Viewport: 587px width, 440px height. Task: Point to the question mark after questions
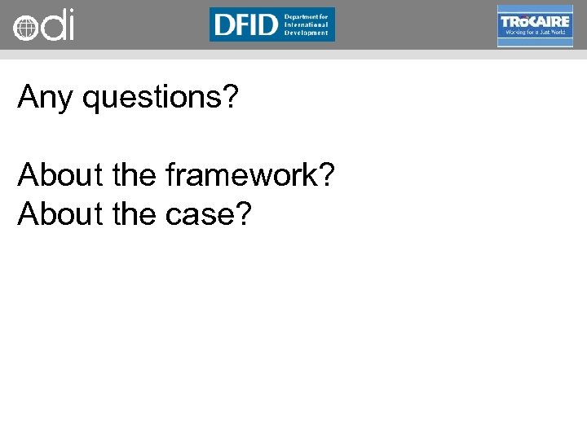231,97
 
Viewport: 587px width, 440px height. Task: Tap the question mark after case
244,213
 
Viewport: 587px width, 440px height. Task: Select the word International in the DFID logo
307,24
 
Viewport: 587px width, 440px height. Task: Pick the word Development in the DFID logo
306,33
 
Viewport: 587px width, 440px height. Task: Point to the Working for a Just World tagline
536,33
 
